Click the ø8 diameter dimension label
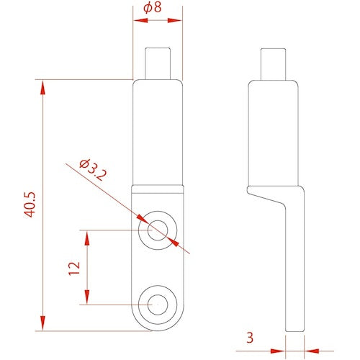157,9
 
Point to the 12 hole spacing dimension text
73,268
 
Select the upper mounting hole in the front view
158,230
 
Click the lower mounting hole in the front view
158,304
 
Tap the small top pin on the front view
158,63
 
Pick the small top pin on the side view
274,63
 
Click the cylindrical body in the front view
158,130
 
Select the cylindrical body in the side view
274,130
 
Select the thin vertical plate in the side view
294,274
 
